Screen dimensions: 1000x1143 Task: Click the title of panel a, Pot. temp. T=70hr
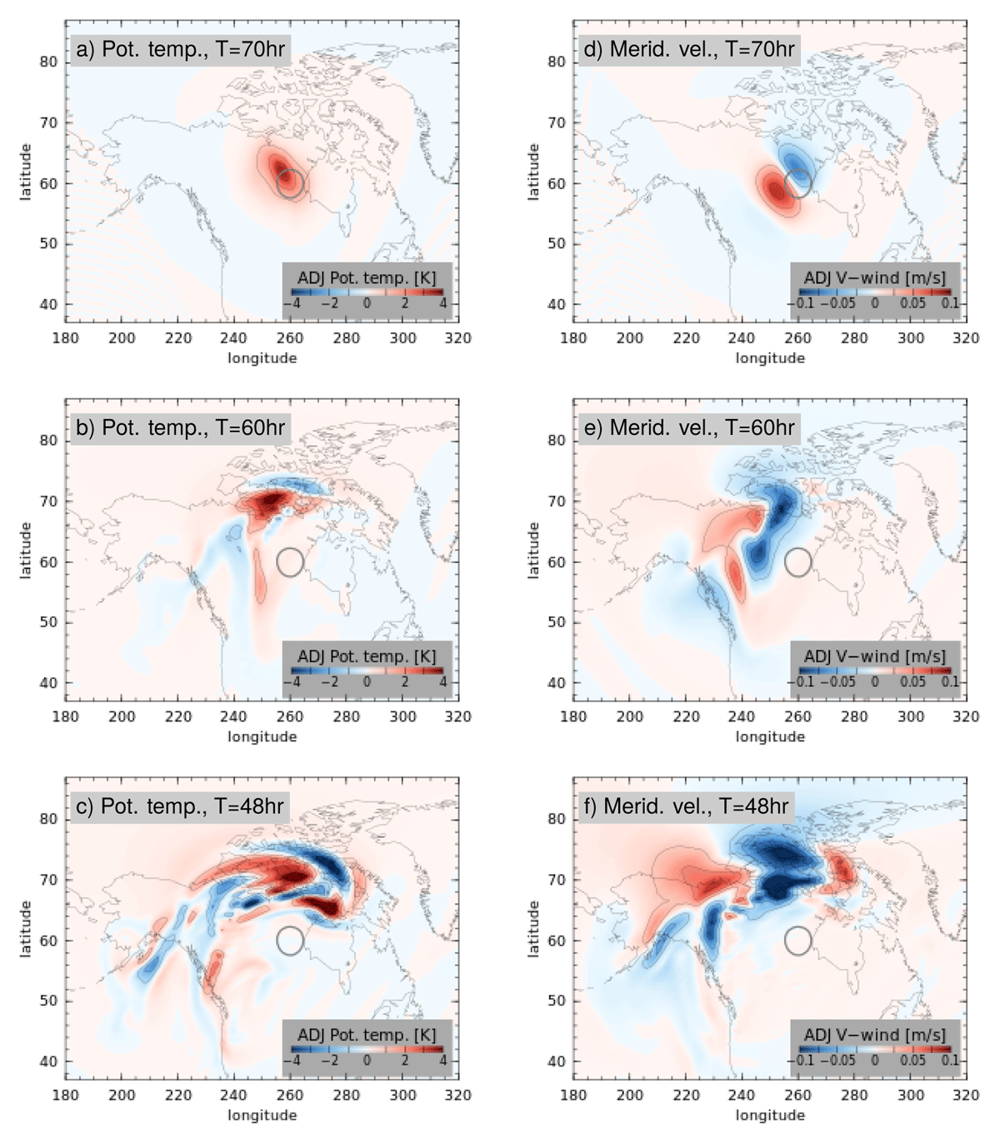pos(181,49)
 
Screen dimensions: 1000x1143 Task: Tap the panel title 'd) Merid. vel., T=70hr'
pos(689,49)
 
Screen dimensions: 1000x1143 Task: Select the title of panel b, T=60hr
pos(181,427)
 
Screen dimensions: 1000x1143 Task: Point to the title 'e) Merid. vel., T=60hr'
pos(689,427)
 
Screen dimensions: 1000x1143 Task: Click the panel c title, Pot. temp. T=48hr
pos(180,806)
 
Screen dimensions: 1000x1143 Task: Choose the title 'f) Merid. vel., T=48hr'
pos(686,806)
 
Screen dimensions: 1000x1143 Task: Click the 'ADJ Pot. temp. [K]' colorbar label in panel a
pos(367,277)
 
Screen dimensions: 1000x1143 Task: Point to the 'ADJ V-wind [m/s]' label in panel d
pos(875,277)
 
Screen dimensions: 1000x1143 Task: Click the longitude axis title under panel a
pos(262,358)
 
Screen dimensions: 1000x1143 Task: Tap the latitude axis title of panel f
pos(533,928)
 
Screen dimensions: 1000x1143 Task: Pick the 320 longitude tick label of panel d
pos(967,338)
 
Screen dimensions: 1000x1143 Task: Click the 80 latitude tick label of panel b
pos(49,440)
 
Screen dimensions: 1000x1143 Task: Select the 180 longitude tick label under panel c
pos(65,1095)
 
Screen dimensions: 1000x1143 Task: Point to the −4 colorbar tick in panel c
pos(292,1061)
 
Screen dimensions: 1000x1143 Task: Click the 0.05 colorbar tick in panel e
pos(912,682)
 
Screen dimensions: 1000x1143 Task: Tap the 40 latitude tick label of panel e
pos(557,682)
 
